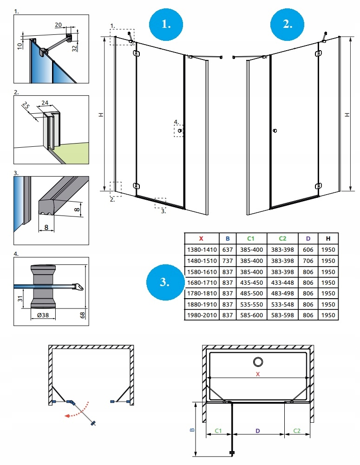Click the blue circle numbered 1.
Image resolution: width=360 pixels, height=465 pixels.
166,24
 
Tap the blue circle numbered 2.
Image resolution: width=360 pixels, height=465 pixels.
288,24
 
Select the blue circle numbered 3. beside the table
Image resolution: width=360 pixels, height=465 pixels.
165,282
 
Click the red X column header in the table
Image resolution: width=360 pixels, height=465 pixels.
201,239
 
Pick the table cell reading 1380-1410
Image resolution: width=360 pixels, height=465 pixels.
201,250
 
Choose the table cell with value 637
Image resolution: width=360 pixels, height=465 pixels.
228,250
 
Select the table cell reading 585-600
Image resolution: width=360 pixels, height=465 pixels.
250,315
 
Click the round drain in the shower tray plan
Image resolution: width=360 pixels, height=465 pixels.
257,361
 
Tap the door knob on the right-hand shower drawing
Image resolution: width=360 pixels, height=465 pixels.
275,131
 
